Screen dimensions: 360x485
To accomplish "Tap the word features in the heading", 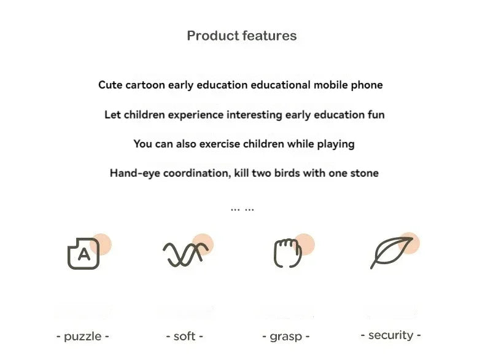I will click(269, 36).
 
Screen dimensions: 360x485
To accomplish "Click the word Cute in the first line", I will click(110, 85).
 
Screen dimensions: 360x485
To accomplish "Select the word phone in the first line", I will click(367, 85).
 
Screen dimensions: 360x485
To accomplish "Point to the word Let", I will click(112, 115).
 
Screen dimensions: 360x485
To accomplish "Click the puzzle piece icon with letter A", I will click(83, 252).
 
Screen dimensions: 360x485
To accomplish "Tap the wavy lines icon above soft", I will click(185, 253).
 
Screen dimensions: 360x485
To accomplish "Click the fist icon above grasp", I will click(287, 252).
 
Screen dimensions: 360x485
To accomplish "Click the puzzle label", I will click(83, 337).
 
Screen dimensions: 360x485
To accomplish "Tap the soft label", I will click(185, 337).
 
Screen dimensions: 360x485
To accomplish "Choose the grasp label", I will click(285, 337).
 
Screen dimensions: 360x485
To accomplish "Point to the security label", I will click(390, 335).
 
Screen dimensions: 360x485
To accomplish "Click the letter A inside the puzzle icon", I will click(84, 255).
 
